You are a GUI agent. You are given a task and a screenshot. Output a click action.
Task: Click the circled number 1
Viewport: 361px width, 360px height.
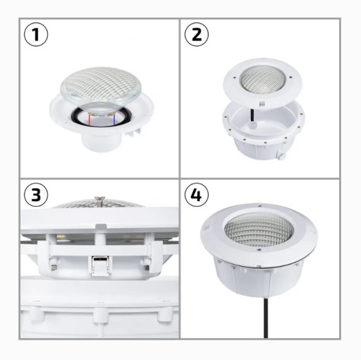click(x=36, y=35)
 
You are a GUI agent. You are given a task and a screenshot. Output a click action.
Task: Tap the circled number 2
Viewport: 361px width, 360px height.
click(x=197, y=35)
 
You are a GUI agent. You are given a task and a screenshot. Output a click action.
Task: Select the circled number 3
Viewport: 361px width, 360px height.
click(x=36, y=195)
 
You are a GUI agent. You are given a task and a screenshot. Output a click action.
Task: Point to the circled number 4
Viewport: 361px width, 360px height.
click(x=197, y=195)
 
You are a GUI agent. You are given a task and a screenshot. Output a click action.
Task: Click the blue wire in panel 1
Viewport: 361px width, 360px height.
click(x=114, y=119)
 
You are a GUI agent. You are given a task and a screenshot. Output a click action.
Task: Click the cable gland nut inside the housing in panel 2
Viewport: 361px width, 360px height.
click(x=251, y=126)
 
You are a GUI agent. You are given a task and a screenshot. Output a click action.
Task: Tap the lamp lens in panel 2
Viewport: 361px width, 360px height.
click(x=262, y=81)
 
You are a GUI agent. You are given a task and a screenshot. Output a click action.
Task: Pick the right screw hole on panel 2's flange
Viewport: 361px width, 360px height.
click(x=290, y=77)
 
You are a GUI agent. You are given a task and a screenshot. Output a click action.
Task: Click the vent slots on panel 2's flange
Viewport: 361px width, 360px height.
click(x=262, y=103)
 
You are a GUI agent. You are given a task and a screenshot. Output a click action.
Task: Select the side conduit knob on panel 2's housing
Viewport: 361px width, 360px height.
click(x=281, y=157)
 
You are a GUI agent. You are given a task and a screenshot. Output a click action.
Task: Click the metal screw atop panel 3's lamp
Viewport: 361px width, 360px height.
click(x=99, y=200)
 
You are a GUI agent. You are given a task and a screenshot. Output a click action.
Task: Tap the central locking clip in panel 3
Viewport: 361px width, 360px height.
click(x=99, y=265)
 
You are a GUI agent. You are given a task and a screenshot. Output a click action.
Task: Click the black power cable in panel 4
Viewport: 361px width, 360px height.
click(x=266, y=318)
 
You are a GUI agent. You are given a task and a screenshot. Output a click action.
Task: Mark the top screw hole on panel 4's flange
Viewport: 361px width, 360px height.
click(x=259, y=206)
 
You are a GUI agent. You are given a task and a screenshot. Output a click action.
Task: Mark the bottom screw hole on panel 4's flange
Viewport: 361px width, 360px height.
click(x=259, y=250)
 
